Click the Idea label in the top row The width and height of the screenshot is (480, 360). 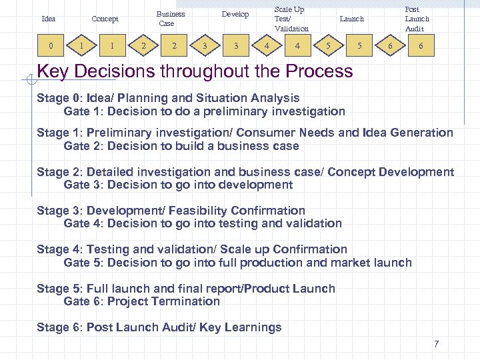(48, 19)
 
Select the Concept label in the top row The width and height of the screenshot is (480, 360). (105, 19)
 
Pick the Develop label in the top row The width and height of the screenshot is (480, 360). (235, 14)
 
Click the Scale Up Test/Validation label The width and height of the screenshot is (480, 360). (291, 19)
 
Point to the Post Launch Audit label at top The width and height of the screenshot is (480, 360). (417, 19)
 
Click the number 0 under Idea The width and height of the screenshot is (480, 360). (51, 46)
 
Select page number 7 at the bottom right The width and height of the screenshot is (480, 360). (436, 344)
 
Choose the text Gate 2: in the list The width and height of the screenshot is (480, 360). (83, 146)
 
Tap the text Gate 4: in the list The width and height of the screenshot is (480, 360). (83, 223)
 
